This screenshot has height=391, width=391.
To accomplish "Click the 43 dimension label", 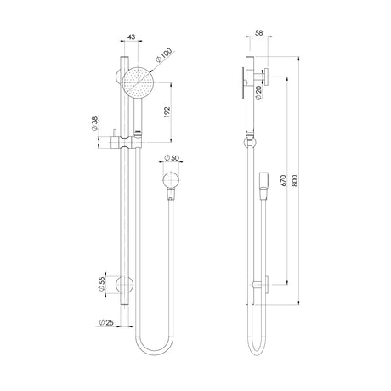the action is tap(132, 37).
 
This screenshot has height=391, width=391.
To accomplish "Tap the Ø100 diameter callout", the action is tap(164, 56).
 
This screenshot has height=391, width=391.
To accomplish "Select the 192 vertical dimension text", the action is tap(167, 112).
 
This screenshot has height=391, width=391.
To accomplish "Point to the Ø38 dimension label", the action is tap(94, 124).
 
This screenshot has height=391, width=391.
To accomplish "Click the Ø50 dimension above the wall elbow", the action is tap(172, 158).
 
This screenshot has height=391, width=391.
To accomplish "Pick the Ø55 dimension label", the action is tap(102, 284).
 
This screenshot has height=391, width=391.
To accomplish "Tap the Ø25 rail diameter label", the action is tap(106, 322).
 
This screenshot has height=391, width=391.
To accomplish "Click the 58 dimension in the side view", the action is tap(259, 33).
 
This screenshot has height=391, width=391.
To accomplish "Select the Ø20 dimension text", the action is tap(258, 93).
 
